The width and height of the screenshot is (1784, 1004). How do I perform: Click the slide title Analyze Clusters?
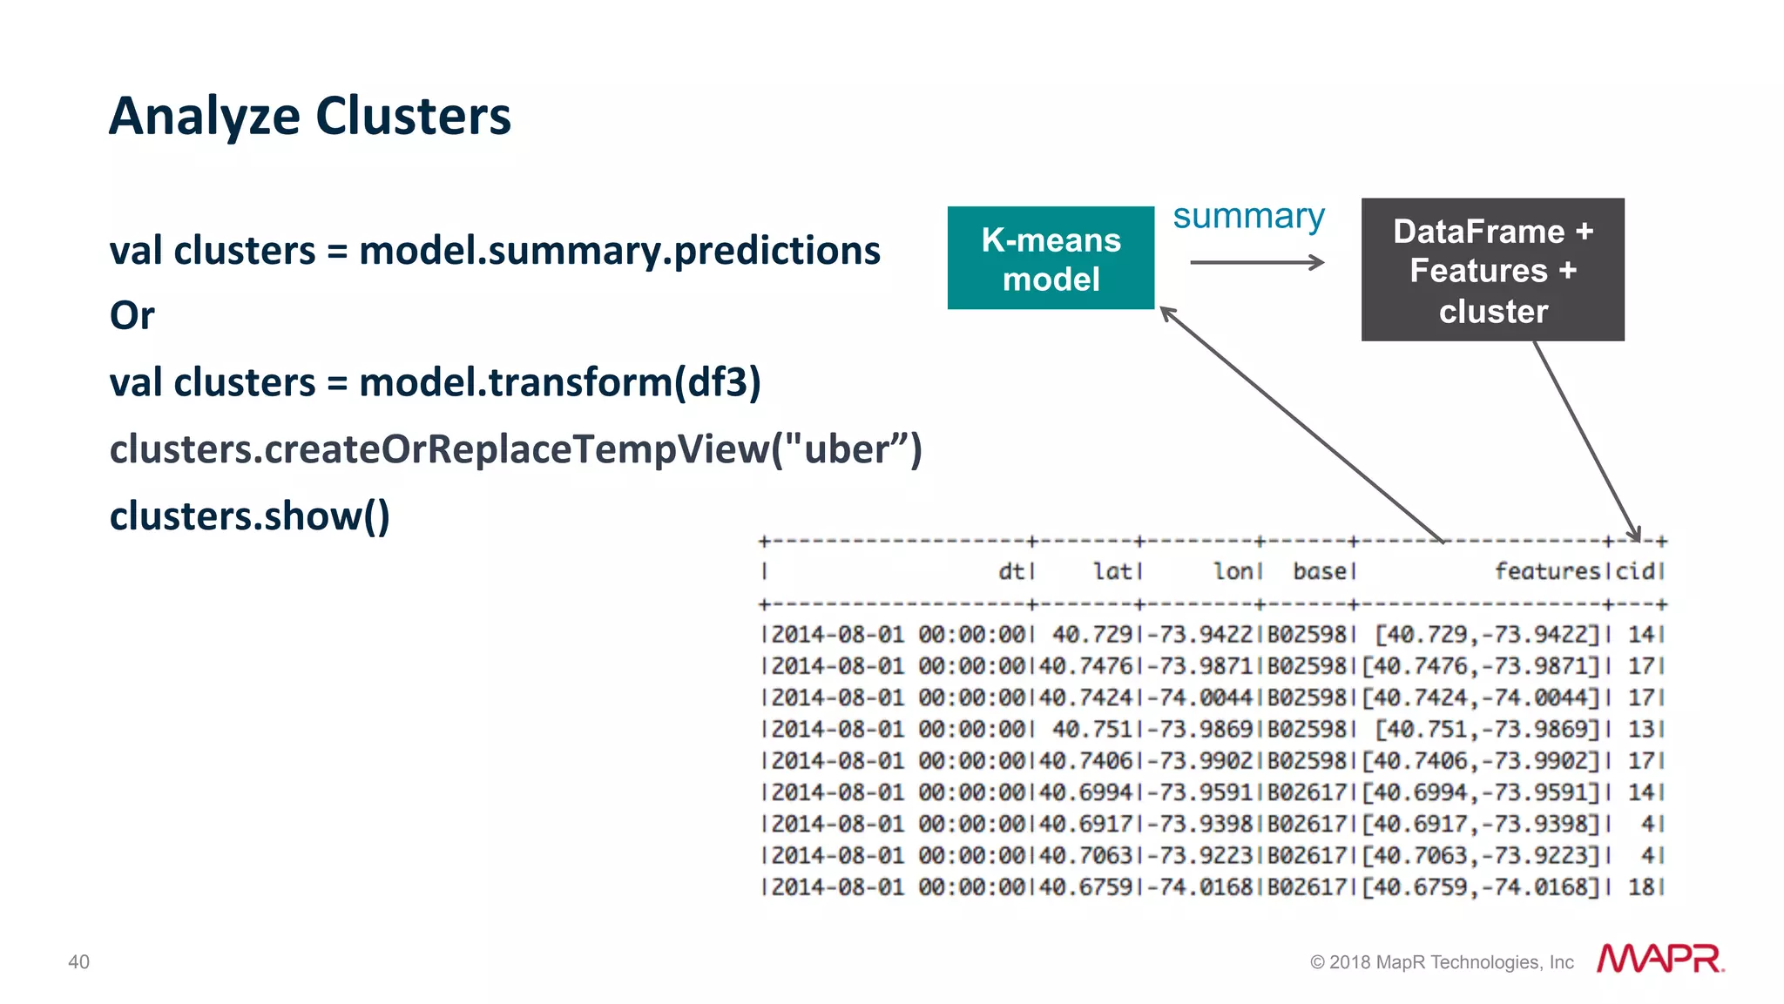[309, 117]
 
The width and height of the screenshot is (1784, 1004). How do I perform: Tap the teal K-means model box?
[1051, 259]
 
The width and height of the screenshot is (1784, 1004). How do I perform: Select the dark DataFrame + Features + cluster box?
[1492, 270]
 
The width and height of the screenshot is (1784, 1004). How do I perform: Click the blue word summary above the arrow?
[1248, 216]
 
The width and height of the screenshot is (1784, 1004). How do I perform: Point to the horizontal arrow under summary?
[1256, 262]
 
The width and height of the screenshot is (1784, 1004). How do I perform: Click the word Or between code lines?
[132, 316]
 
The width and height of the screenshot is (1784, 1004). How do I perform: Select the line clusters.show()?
[249, 515]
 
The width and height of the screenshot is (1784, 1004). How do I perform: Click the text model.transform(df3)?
[559, 382]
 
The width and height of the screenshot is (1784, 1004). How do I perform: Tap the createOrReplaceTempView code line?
[515, 449]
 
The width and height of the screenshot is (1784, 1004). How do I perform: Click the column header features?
[1547, 571]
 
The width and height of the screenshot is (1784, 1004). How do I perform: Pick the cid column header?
[1635, 571]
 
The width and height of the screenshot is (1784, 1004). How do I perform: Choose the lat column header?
[1112, 571]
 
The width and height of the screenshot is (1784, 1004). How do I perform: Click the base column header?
[1320, 571]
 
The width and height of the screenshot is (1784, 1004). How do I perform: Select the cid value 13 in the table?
[1641, 729]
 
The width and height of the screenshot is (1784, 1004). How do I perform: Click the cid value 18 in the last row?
[1641, 886]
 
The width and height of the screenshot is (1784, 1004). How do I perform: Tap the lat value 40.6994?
[1085, 792]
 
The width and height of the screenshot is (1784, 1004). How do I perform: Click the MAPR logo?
[1659, 959]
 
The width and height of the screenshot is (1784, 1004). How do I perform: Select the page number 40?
[78, 962]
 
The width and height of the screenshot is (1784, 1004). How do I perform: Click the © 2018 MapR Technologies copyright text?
[1442, 962]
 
